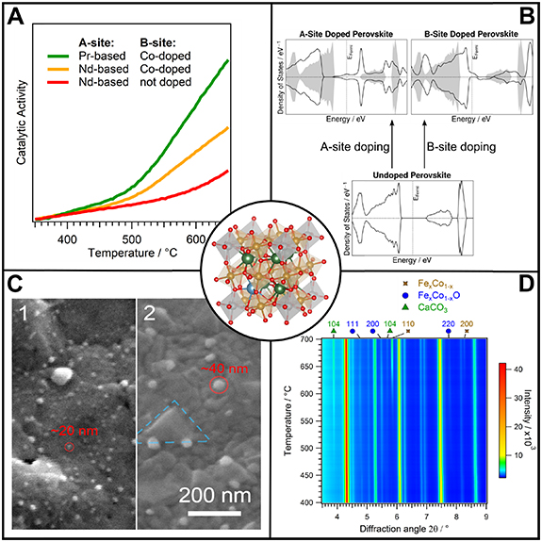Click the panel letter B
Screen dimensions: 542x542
[x=521, y=18]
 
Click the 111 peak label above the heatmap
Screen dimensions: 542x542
[x=353, y=323]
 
